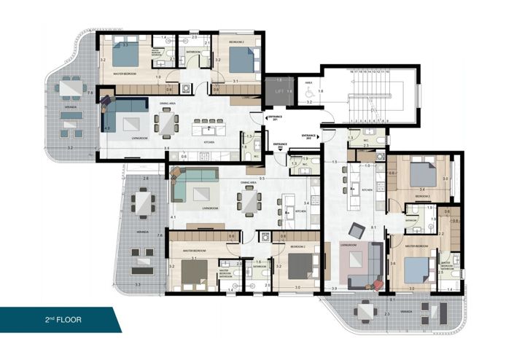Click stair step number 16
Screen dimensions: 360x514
pyautogui.click(x=351, y=71)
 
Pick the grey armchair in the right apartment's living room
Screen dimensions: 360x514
pyautogui.click(x=357, y=230)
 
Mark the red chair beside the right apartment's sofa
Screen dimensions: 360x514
pyautogui.click(x=378, y=283)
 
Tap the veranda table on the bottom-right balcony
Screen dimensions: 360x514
pyautogui.click(x=365, y=311)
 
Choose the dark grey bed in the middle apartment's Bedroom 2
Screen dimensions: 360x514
pyautogui.click(x=297, y=267)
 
